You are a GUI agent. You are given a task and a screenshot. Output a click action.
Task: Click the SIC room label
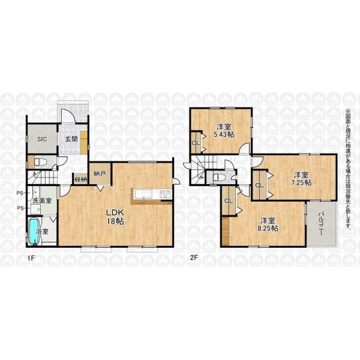[x=42, y=139]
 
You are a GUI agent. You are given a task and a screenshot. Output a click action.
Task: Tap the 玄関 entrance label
[x=71, y=139]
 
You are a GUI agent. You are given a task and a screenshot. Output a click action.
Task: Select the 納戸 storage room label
[x=100, y=174]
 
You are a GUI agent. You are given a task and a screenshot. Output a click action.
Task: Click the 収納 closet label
[x=80, y=179]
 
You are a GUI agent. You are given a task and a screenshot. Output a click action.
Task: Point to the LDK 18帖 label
[x=115, y=217]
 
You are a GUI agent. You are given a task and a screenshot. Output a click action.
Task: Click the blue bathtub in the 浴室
[x=34, y=232]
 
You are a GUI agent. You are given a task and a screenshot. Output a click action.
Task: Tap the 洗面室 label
[x=42, y=200]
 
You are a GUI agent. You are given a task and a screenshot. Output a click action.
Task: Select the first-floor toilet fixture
[x=40, y=162]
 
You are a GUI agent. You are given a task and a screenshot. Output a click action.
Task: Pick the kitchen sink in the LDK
[x=144, y=194]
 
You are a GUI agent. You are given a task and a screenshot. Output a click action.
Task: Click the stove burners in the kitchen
[x=166, y=194]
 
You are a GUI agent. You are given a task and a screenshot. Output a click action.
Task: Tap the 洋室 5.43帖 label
[x=224, y=131]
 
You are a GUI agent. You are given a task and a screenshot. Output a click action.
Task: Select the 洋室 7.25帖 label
[x=301, y=179]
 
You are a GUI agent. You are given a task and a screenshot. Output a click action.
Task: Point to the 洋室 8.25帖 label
[x=268, y=225]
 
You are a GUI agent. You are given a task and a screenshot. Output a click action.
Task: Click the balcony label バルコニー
[x=321, y=223]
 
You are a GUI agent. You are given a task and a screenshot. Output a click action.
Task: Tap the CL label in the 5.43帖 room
[x=196, y=143]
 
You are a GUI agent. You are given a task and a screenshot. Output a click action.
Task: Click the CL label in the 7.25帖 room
[x=259, y=185]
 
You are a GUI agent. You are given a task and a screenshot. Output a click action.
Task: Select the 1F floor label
[x=31, y=258]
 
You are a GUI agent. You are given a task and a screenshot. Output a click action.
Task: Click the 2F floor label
[x=194, y=257]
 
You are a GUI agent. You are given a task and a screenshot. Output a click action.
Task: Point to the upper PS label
[x=20, y=193]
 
